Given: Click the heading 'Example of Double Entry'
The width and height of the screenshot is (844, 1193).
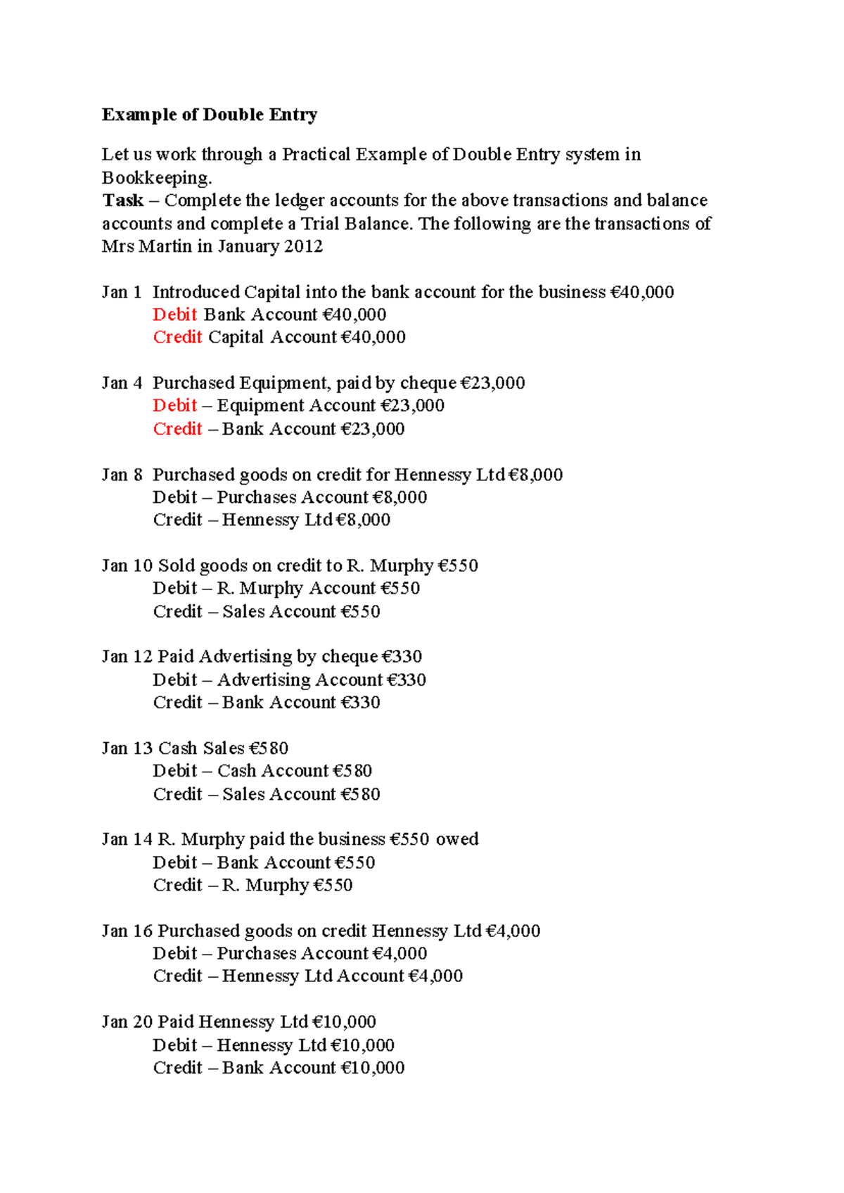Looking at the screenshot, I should [210, 115].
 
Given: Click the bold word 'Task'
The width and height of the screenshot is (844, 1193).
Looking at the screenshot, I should [122, 200].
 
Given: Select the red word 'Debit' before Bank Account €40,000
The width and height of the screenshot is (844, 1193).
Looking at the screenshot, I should [175, 314].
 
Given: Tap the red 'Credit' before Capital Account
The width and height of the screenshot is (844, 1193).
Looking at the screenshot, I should [177, 337].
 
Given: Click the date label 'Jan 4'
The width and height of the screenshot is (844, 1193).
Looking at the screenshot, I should [122, 383].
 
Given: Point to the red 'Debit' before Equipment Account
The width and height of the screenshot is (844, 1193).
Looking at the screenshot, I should [175, 405].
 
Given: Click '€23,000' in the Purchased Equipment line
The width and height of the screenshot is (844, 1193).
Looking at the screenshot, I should [492, 383].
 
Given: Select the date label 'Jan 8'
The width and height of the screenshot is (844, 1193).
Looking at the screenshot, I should [122, 474].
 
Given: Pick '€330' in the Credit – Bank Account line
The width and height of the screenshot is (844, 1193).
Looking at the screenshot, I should [360, 702].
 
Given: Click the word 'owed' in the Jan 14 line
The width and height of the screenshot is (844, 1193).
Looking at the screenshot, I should [457, 839].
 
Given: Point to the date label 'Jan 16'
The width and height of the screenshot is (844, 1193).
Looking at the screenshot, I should [127, 931].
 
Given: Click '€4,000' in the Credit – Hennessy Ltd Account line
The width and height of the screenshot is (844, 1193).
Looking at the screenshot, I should [435, 976].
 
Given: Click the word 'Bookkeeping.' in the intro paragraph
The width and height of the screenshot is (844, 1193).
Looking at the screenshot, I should [157, 177].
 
